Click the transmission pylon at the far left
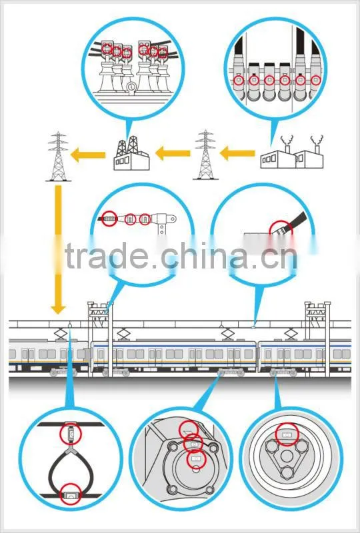tap(58, 156)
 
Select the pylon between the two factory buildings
tap(205, 155)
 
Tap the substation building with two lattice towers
tap(131, 153)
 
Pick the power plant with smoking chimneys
tap(292, 153)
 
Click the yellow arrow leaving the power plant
tap(237, 153)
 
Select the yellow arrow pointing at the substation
tap(173, 153)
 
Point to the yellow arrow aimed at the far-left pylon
tap(88, 155)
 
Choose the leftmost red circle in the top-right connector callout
tap(238, 81)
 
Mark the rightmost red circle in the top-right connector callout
tap(315, 80)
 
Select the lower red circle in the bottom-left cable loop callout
tap(71, 494)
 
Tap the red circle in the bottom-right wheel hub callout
tap(287, 434)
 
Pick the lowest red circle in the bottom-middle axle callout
tap(196, 459)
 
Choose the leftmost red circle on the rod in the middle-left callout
tap(109, 219)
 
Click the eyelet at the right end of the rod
tap(173, 219)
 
